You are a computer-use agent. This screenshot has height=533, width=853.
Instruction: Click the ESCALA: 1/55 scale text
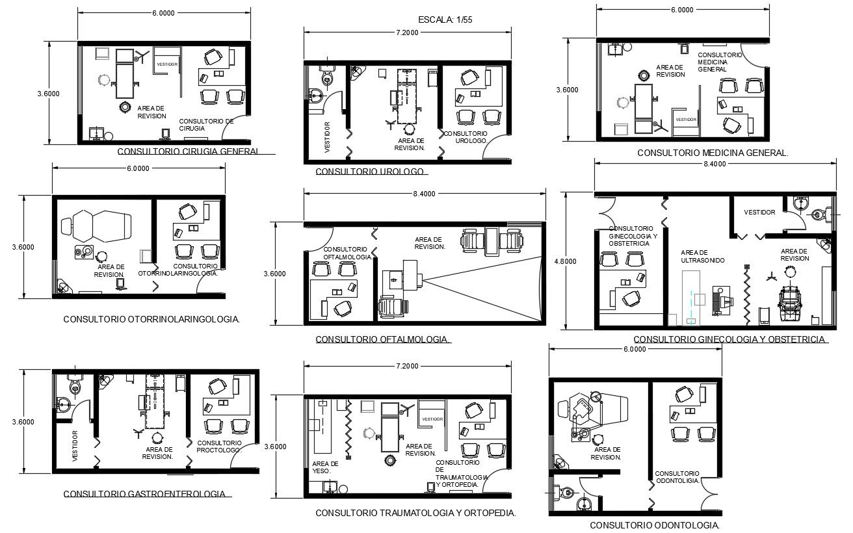click(x=446, y=20)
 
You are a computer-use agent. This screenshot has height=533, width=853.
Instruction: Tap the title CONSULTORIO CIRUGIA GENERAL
click(x=188, y=151)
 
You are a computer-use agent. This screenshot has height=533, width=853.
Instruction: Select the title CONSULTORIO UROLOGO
click(x=370, y=172)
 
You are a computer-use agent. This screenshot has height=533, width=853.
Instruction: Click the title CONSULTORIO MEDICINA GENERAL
click(x=713, y=153)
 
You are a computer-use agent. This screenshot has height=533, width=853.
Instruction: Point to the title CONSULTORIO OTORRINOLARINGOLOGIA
click(x=151, y=319)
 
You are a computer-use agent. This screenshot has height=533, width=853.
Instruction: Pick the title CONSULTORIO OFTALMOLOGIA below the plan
click(x=383, y=339)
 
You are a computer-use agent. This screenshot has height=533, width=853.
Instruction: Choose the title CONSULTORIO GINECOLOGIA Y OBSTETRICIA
click(x=729, y=339)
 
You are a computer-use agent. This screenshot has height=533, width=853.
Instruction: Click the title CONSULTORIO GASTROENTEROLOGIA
click(x=145, y=494)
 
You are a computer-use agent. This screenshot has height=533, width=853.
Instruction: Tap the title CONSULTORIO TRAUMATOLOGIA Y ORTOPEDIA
click(x=415, y=513)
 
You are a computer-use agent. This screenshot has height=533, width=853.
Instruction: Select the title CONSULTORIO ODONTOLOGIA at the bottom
click(x=655, y=525)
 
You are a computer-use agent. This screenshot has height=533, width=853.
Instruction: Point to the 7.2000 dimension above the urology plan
click(x=407, y=32)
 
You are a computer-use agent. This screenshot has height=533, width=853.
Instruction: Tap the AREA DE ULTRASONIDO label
click(x=702, y=256)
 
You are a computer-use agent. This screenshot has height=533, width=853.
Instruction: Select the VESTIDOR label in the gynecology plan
click(x=759, y=213)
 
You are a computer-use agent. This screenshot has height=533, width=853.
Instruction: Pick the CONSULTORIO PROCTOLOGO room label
click(x=219, y=446)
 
